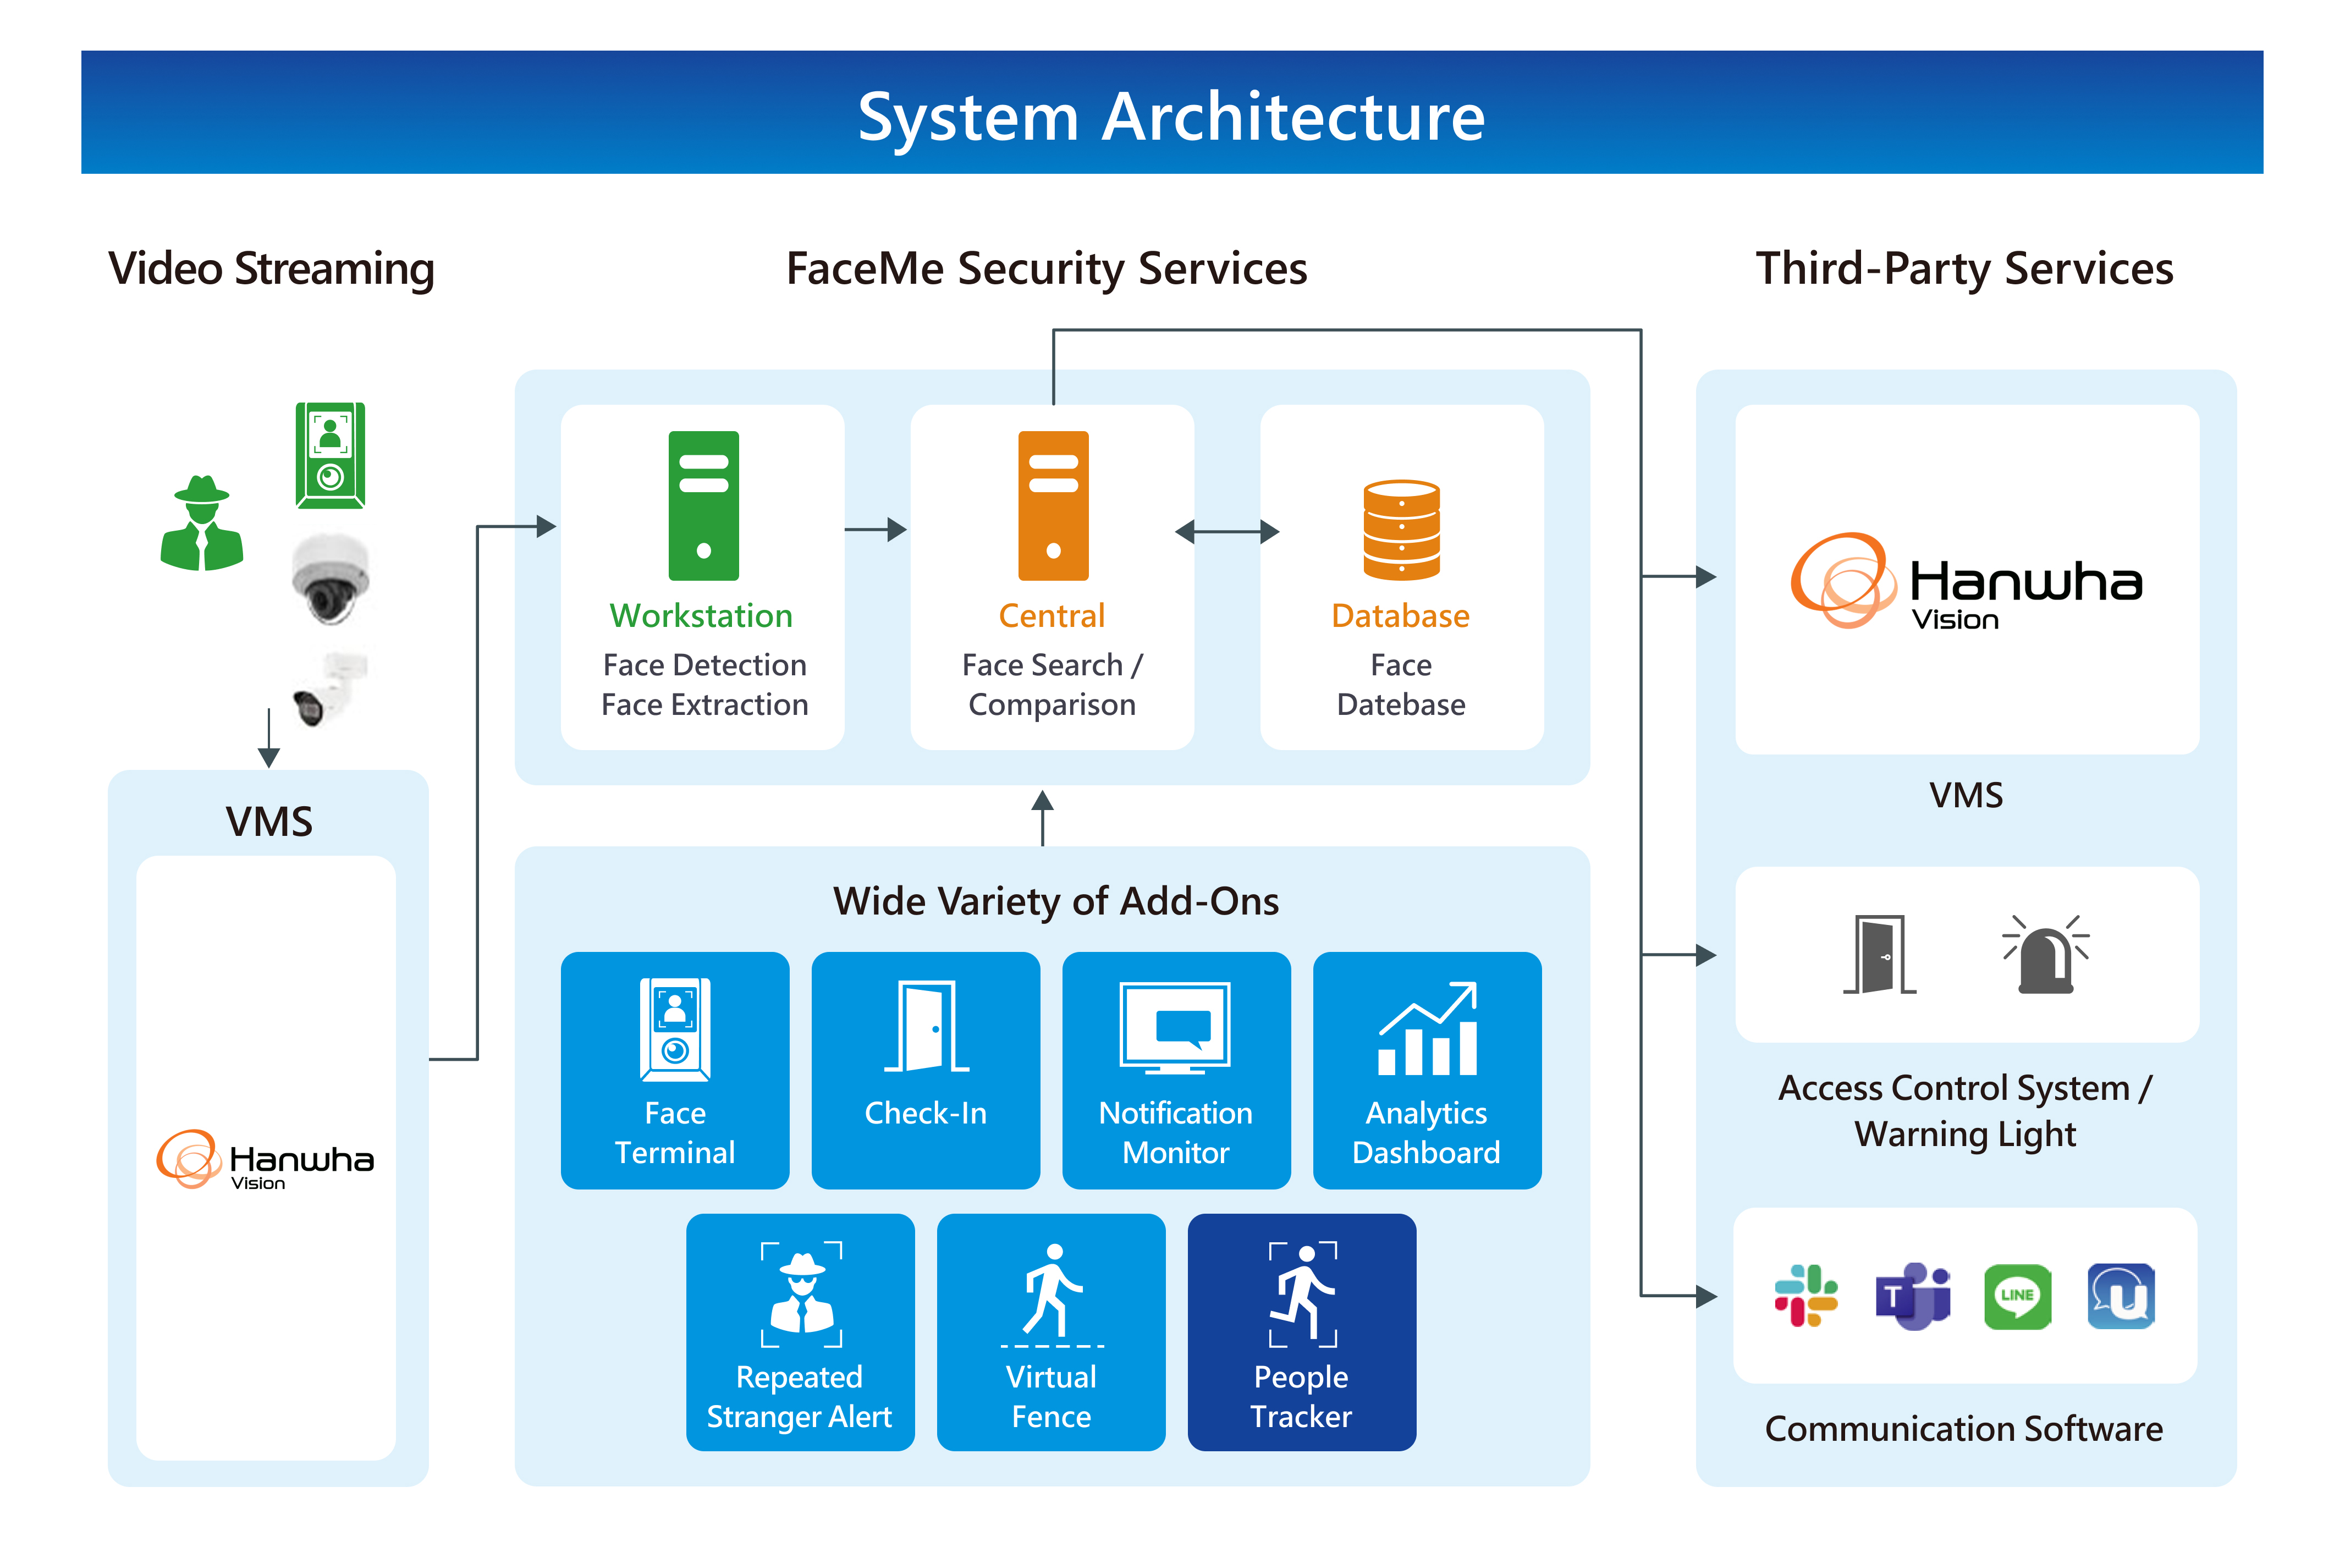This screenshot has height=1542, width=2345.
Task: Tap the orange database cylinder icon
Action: (1401, 529)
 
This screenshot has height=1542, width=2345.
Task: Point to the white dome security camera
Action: (330, 579)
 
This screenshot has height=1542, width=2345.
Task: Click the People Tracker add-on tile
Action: (1302, 1331)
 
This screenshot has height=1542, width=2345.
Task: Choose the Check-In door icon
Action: (926, 1027)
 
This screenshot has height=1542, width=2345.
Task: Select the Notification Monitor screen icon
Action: (1175, 1027)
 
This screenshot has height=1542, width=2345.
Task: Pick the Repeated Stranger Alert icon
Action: (801, 1293)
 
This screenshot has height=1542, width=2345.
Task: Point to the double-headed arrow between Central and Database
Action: (1227, 532)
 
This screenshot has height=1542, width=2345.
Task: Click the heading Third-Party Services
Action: (1964, 268)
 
